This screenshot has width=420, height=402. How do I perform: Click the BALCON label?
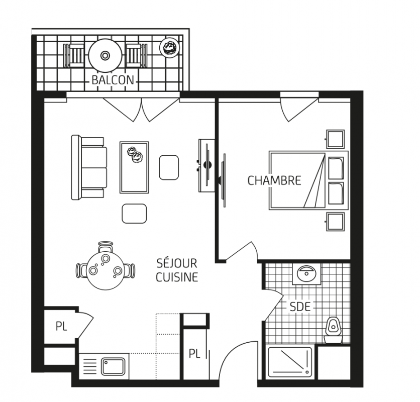click(113, 80)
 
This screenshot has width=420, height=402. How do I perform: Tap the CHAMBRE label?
click(274, 180)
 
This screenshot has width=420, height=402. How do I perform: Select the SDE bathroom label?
click(300, 307)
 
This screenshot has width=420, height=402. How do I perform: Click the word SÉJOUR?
click(177, 263)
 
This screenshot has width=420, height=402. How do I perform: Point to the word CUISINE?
click(177, 277)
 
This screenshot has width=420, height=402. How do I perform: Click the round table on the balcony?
click(105, 56)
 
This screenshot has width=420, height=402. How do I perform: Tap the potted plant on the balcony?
click(169, 48)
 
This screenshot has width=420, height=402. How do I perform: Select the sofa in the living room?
click(89, 167)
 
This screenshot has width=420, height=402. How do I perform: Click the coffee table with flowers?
click(134, 167)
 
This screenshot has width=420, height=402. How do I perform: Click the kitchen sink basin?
click(113, 367)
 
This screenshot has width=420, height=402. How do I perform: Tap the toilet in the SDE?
click(333, 330)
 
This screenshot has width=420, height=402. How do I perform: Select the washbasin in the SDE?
click(306, 274)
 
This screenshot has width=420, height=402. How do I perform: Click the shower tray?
click(290, 363)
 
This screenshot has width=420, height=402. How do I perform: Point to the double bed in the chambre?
click(308, 180)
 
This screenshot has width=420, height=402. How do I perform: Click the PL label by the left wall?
click(61, 327)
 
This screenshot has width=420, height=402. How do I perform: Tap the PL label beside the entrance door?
click(194, 354)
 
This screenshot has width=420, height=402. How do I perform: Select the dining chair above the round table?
click(106, 247)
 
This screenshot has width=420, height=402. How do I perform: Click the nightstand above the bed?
click(335, 139)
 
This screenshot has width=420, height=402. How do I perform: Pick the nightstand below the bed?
click(335, 222)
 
